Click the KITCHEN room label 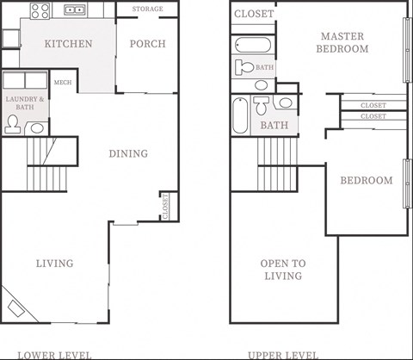pos(68,44)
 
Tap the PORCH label pos(146,44)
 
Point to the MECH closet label pos(63,83)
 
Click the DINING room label pos(127,154)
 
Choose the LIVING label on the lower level pos(54,264)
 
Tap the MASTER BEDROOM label pos(344,42)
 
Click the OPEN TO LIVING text pos(283,270)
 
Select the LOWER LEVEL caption pos(54,354)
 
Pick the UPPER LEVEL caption pos(283,354)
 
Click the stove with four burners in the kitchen pos(40,11)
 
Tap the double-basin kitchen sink pos(76,11)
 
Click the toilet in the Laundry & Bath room pos(13,125)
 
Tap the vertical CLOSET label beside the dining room pos(164,206)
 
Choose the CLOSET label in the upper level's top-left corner pos(254,14)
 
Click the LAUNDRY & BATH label pos(25,104)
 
